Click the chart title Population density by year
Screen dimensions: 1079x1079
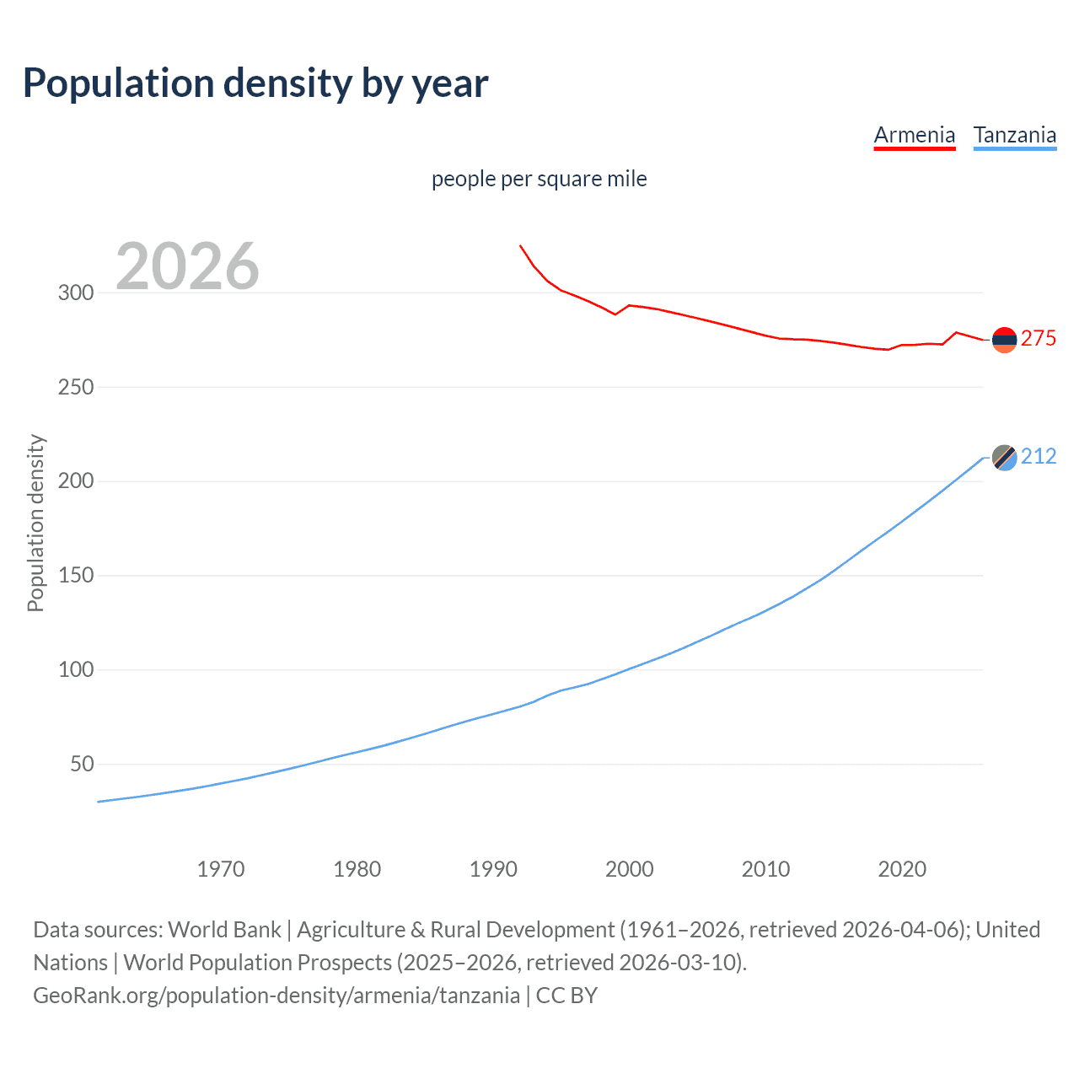tap(255, 83)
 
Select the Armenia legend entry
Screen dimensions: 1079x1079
tap(915, 135)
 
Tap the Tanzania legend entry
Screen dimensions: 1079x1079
tap(1015, 135)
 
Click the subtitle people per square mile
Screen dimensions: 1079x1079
tap(539, 179)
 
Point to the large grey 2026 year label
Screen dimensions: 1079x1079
tap(187, 266)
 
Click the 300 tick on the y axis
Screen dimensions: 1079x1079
tap(76, 293)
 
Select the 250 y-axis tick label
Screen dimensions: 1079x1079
tap(76, 388)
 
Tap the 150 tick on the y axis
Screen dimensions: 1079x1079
tap(76, 576)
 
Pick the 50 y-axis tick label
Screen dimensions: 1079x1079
tap(82, 765)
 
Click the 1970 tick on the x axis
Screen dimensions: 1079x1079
tap(221, 869)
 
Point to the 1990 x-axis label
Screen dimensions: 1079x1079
tap(493, 869)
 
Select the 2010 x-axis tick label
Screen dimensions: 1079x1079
tap(765, 869)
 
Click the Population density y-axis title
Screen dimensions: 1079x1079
tap(35, 523)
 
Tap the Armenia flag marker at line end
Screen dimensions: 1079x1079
tap(1004, 340)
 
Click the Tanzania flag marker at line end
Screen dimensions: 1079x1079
tap(1004, 458)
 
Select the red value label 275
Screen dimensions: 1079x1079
tap(1039, 338)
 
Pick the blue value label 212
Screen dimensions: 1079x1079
tap(1039, 456)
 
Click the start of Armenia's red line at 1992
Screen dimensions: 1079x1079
tap(521, 246)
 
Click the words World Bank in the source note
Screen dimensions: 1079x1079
tap(224, 930)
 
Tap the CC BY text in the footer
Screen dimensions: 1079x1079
tap(566, 996)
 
